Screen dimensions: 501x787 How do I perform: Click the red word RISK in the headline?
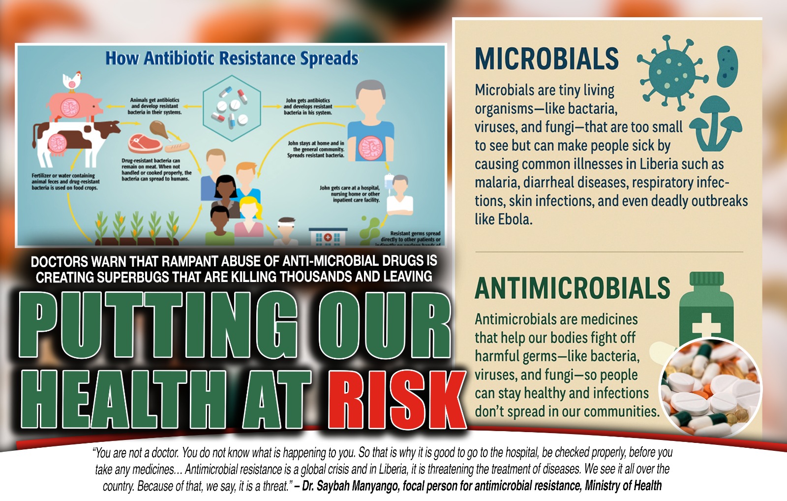396,400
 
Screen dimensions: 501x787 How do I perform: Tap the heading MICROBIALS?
546,59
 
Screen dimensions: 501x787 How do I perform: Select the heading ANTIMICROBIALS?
572,288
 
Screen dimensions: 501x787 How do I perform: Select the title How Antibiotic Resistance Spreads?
232,59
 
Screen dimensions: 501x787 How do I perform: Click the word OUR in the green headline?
384,325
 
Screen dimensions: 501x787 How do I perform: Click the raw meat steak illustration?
145,144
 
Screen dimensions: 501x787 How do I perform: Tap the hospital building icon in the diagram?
327,237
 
